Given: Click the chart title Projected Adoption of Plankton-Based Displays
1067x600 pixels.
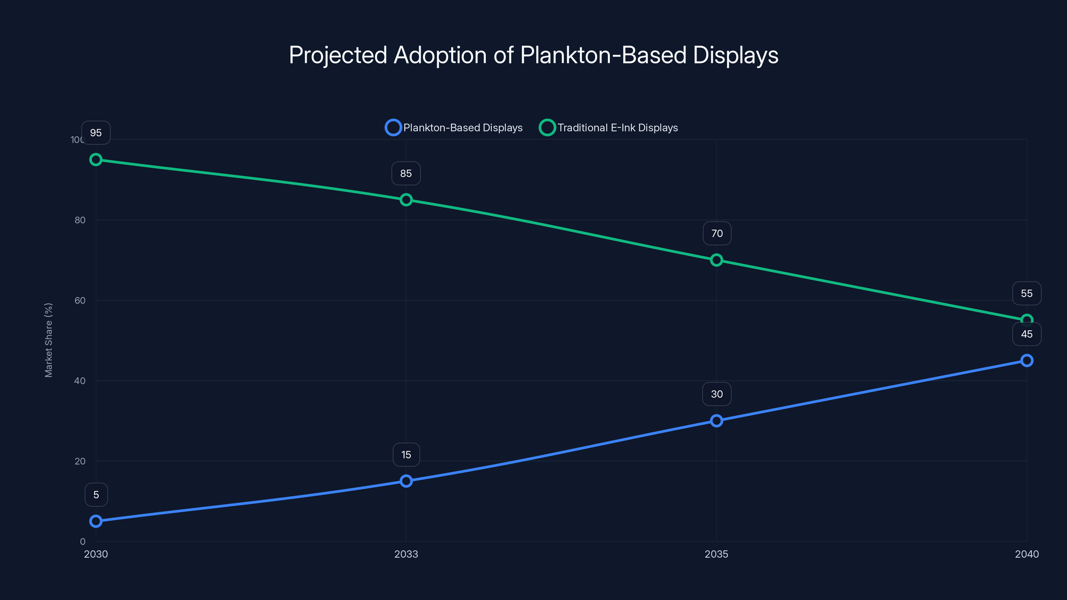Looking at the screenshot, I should pyautogui.click(x=533, y=55).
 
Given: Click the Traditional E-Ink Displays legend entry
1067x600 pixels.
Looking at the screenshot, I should pyautogui.click(x=609, y=128).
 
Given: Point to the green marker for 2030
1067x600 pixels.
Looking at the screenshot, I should pyautogui.click(x=96, y=159).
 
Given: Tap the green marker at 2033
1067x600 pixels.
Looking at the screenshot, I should pyautogui.click(x=406, y=200).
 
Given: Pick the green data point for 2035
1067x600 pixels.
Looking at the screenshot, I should pyautogui.click(x=717, y=260).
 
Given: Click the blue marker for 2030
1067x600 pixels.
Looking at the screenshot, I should pyautogui.click(x=96, y=521).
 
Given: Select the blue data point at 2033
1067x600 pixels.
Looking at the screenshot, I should pyautogui.click(x=406, y=481).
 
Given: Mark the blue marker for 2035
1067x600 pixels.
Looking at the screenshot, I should pyautogui.click(x=717, y=421).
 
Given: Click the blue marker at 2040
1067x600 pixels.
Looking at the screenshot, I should pyautogui.click(x=1026, y=360).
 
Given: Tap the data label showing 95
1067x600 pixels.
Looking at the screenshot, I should pyautogui.click(x=96, y=133).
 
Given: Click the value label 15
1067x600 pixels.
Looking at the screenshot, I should pyautogui.click(x=406, y=455).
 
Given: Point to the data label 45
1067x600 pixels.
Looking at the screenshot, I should pyautogui.click(x=1026, y=334).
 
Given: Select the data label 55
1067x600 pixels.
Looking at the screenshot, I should pyautogui.click(x=1026, y=294).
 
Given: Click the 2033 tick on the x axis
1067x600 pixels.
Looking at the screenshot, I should pyautogui.click(x=406, y=554).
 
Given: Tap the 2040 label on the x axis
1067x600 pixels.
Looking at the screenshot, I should pyautogui.click(x=1026, y=554).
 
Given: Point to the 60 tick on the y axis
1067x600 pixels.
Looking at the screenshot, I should pyautogui.click(x=80, y=300).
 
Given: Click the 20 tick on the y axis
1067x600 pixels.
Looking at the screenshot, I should pyautogui.click(x=80, y=461).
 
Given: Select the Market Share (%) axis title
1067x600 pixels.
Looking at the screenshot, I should pyautogui.click(x=48, y=340).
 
